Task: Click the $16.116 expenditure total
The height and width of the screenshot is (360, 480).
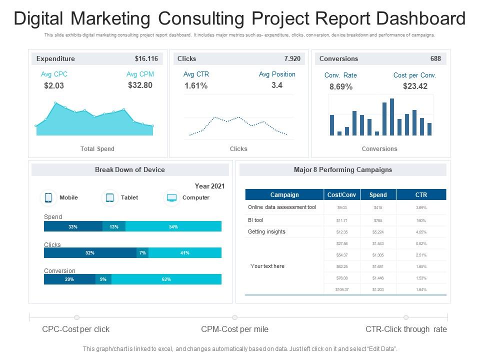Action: point(146,58)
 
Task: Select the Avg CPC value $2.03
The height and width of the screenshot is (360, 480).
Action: point(54,85)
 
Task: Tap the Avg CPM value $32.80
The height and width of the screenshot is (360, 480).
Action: point(140,85)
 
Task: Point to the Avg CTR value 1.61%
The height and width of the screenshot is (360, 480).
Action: point(196,85)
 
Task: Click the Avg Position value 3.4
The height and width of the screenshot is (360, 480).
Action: point(277,85)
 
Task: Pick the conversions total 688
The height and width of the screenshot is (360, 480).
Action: point(435,58)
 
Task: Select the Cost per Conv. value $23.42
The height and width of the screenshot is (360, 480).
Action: point(415,86)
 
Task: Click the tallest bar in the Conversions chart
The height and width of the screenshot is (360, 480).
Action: point(392,117)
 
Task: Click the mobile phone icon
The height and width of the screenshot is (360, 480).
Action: point(48,197)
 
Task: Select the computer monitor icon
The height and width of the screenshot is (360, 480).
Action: point(171,197)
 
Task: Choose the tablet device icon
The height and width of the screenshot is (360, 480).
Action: point(110,197)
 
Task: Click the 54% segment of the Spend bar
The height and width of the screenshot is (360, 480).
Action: point(173,226)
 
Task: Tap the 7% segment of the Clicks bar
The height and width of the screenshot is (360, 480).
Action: point(142,253)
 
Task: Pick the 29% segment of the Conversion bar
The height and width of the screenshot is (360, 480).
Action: point(69,279)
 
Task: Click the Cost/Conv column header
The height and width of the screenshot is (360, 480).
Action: point(341,194)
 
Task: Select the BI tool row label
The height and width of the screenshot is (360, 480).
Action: point(255,220)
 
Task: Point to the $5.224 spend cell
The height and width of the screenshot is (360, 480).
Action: point(378,231)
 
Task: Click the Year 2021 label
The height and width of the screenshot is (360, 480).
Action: point(209,185)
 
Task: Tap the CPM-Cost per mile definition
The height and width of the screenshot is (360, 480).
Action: point(234,329)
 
